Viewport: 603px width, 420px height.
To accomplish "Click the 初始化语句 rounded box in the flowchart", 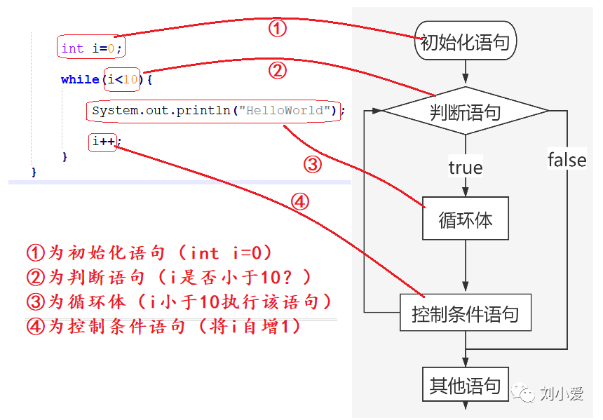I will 465,42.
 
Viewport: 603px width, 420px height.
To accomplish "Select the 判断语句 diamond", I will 465,111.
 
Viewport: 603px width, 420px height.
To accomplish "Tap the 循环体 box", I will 465,220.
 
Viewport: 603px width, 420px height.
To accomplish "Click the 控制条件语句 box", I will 465,313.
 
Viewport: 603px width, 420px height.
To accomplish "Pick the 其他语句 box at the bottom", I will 465,385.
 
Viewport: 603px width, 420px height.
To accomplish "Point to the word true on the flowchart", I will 465,168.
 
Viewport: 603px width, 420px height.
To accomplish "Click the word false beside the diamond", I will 567,160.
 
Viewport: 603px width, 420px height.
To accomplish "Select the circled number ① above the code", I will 278,29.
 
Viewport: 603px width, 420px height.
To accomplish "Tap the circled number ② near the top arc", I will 278,70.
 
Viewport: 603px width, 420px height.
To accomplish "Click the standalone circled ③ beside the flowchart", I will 312,165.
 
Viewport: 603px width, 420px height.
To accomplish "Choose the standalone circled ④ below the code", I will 300,203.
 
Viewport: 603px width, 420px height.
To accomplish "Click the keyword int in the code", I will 72,48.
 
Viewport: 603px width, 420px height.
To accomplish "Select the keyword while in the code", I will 80,79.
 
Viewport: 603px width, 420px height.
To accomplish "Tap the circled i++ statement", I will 103,142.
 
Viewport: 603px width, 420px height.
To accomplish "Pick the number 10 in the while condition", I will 130,79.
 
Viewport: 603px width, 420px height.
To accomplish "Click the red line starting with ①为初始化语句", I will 149,253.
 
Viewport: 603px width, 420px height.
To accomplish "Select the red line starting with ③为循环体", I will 179,302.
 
